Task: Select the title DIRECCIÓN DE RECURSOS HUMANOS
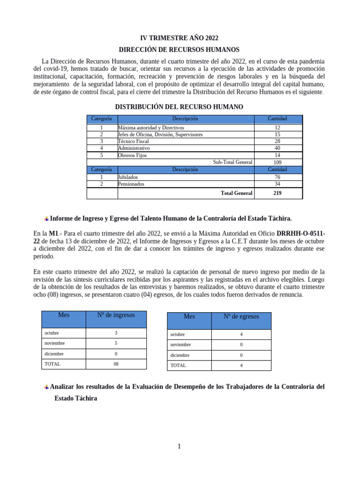(179, 49)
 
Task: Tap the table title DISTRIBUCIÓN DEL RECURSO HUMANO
(179, 107)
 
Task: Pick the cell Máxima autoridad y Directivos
(151, 127)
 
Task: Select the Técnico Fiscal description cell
(134, 141)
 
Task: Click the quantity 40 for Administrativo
(277, 148)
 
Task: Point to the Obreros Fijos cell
(133, 155)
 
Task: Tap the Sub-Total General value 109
(277, 162)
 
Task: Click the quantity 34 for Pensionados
(277, 184)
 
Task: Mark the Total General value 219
(277, 193)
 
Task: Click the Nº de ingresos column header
(116, 315)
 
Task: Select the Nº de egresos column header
(241, 317)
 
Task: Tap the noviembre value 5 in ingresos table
(116, 343)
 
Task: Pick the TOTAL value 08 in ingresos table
(116, 364)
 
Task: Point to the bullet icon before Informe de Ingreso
(46, 219)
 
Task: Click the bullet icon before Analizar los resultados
(46, 387)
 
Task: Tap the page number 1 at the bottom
(179, 446)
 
